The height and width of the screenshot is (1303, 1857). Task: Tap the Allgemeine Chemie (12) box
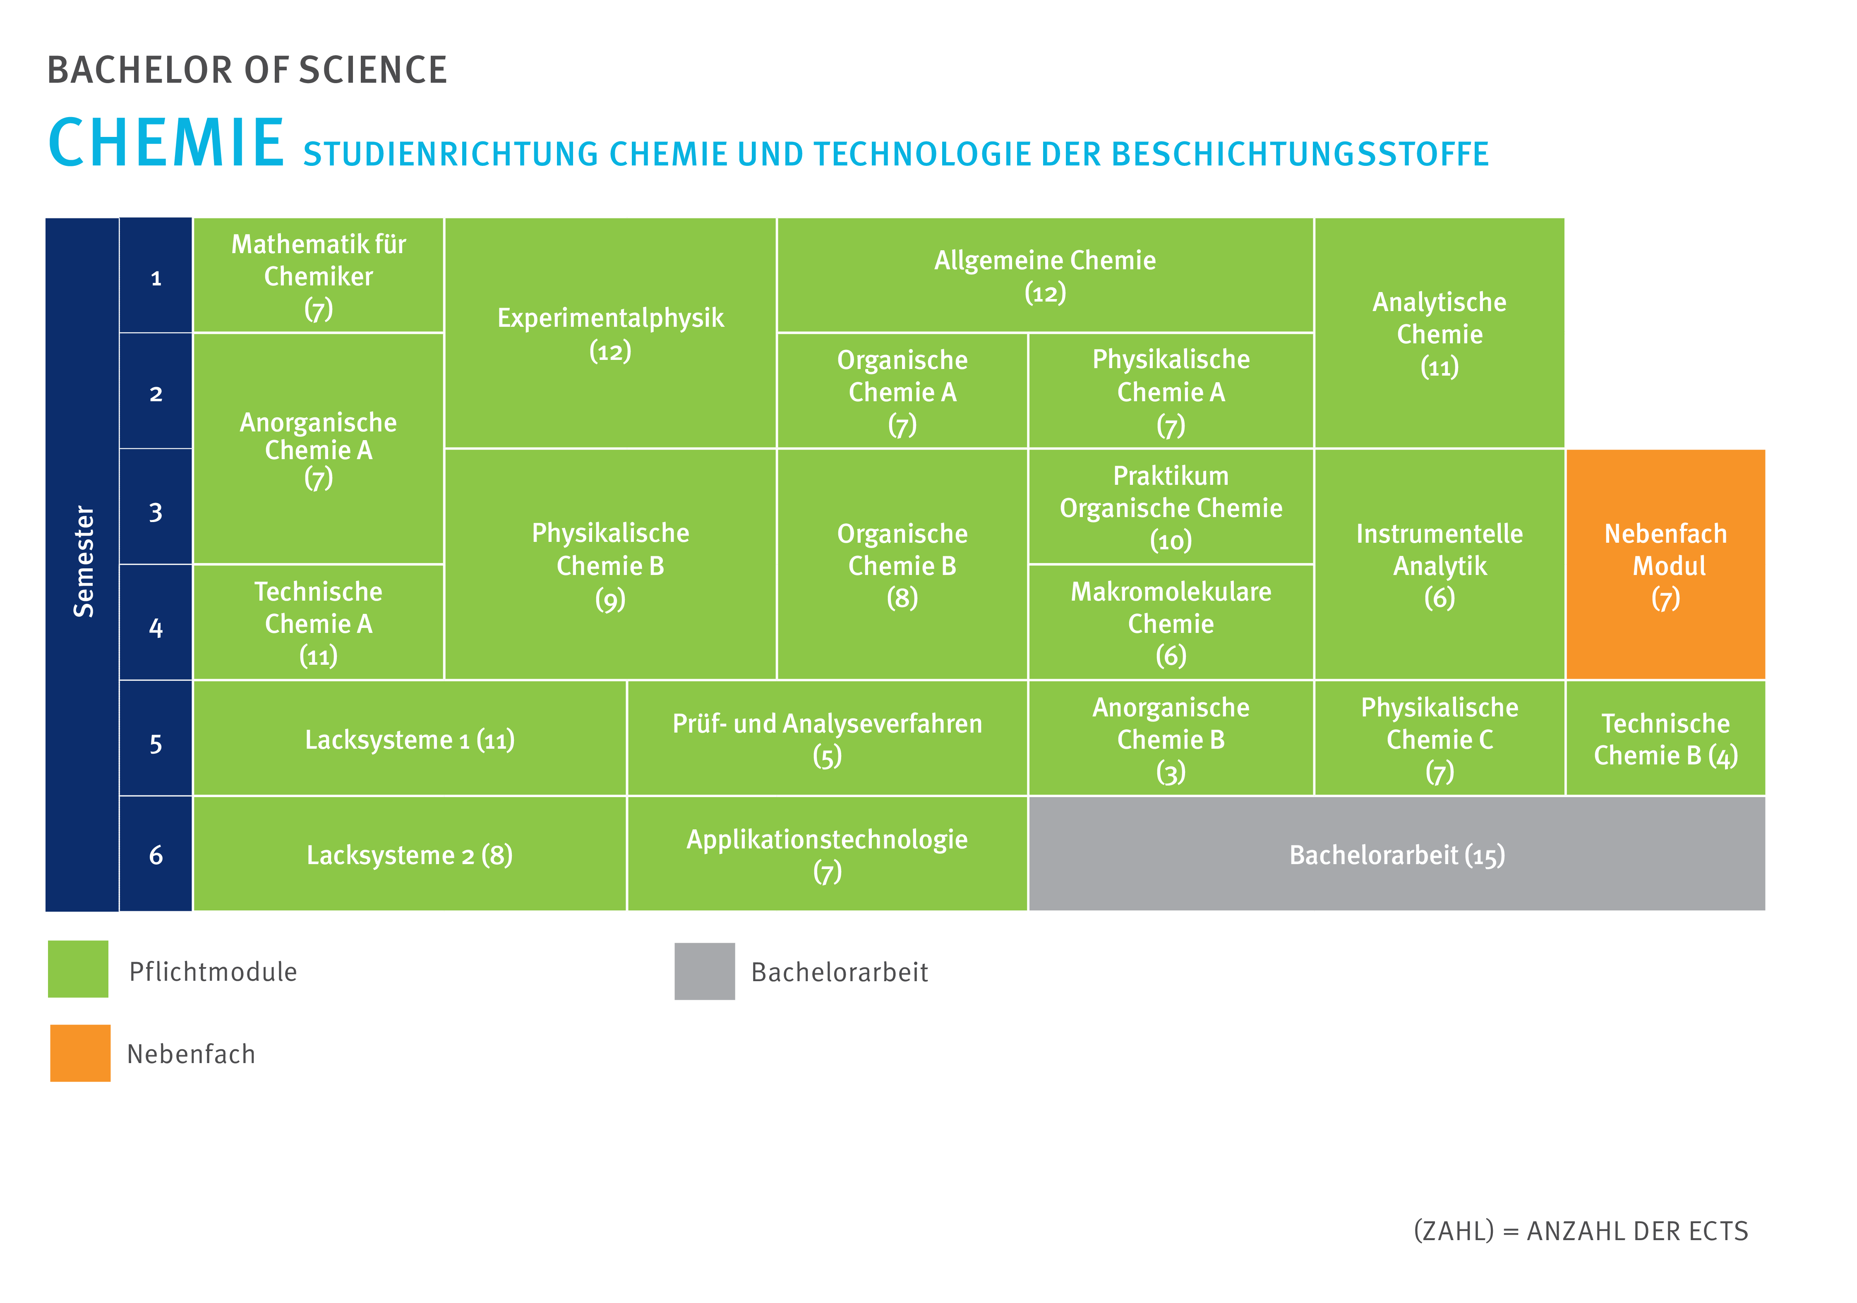[1044, 276]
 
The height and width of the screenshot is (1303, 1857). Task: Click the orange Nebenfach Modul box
[1665, 565]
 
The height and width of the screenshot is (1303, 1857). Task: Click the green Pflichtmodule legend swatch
[78, 969]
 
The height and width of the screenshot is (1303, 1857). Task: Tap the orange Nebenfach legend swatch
[80, 1053]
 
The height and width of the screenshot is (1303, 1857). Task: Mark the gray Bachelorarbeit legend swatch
[705, 970]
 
